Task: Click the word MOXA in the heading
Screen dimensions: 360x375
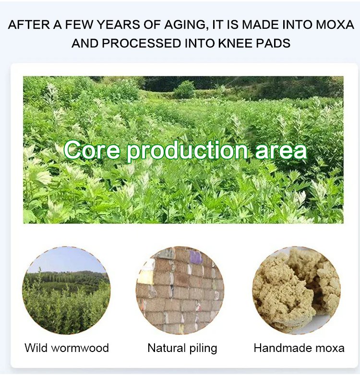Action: (x=335, y=24)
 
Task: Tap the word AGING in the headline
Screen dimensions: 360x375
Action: (x=186, y=25)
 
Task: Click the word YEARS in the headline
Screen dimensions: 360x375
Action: (x=119, y=24)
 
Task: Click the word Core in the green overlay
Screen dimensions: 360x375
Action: (x=92, y=150)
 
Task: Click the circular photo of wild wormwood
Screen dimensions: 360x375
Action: (x=66, y=290)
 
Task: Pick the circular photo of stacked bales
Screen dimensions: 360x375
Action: (x=180, y=290)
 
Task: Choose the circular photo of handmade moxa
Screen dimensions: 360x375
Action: (x=297, y=290)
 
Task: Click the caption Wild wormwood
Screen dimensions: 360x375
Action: (x=67, y=348)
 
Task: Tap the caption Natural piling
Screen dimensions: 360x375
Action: (x=182, y=349)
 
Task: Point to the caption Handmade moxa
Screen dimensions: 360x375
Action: (x=299, y=348)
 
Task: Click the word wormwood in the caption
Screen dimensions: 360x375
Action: (x=80, y=348)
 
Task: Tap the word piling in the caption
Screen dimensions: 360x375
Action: (x=203, y=349)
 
